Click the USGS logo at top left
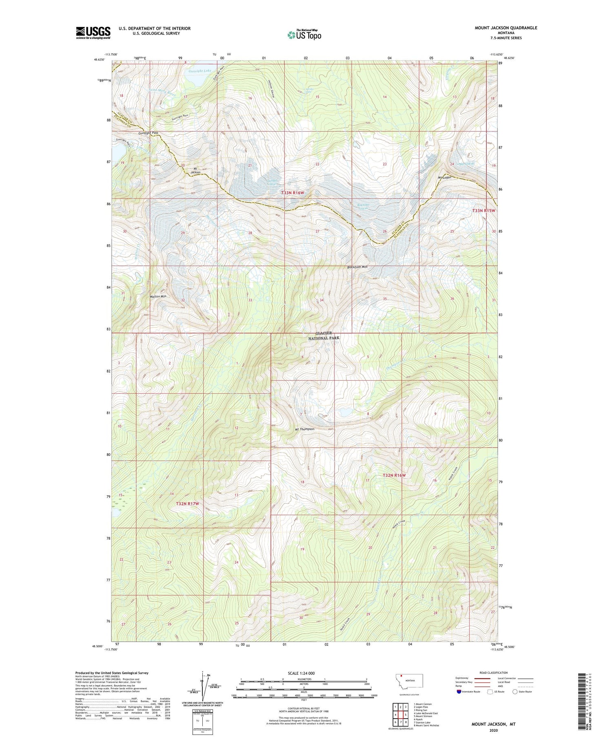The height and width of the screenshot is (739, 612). tap(93, 33)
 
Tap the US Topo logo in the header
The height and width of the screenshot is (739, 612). tap(304, 35)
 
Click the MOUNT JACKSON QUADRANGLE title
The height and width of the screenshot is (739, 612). tap(506, 28)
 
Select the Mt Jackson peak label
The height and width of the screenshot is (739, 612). tap(196, 170)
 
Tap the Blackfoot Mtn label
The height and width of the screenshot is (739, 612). tap(357, 267)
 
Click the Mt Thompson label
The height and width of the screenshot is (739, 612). tap(304, 429)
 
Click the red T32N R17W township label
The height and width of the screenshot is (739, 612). tap(187, 504)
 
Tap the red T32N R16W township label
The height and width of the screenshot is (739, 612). tap(394, 475)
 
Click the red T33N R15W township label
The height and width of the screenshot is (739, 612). tap(483, 211)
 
